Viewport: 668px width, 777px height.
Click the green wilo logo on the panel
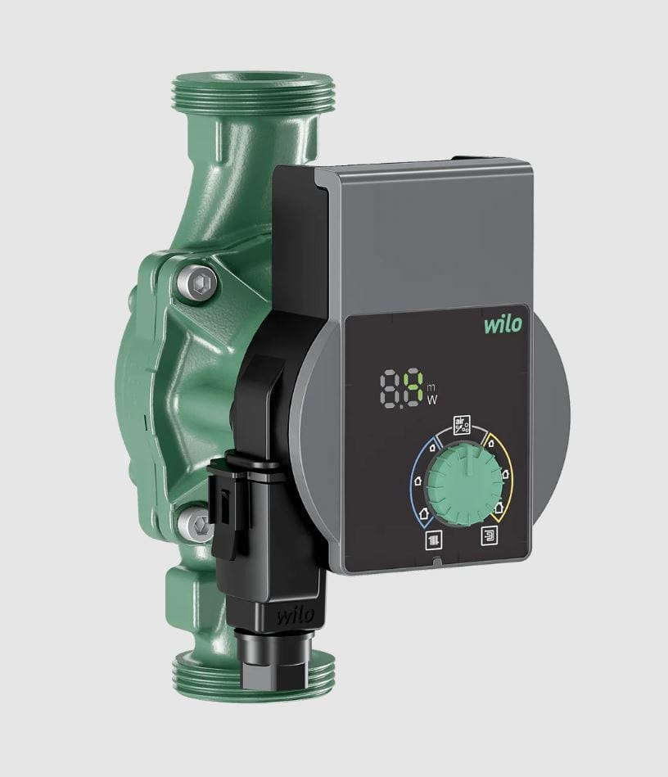[x=503, y=324]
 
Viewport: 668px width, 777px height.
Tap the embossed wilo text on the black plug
[x=296, y=616]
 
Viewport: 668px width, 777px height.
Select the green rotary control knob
[x=464, y=484]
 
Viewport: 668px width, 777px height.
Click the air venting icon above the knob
[x=462, y=425]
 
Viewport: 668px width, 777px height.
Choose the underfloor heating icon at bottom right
[x=490, y=535]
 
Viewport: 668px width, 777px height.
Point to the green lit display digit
[x=413, y=388]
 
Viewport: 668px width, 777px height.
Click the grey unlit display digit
[x=390, y=390]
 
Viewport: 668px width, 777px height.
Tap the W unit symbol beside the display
[x=432, y=399]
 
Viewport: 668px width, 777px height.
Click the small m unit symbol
[x=430, y=386]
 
